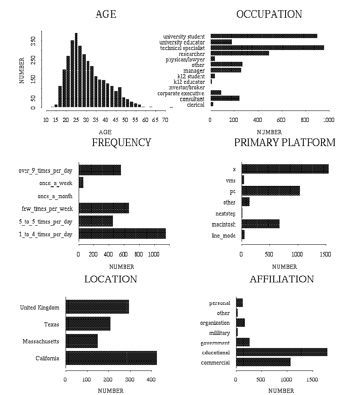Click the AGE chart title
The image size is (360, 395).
[x=106, y=14]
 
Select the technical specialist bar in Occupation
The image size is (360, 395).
[x=267, y=48]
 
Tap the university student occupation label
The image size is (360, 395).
[x=184, y=37]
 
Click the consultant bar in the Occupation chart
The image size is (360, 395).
[x=225, y=98]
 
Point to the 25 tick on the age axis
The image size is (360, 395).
[x=76, y=120]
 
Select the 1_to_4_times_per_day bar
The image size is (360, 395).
[x=122, y=233]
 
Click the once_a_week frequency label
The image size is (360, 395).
[x=55, y=183]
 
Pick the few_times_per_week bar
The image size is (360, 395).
[x=104, y=208]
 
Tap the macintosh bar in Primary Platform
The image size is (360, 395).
[x=260, y=224]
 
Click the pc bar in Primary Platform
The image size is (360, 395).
[x=270, y=191]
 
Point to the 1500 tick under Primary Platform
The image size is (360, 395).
[x=326, y=255]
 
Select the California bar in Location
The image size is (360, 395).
[x=111, y=358]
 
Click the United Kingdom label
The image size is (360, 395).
[x=39, y=307]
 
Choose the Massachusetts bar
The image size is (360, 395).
[x=82, y=341]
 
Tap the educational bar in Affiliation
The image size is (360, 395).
[x=281, y=352]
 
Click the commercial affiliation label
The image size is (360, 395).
[x=215, y=362]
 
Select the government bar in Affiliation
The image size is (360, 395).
[x=243, y=342]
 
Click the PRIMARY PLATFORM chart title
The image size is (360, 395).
[x=285, y=143]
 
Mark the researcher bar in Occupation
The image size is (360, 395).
[x=239, y=53]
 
